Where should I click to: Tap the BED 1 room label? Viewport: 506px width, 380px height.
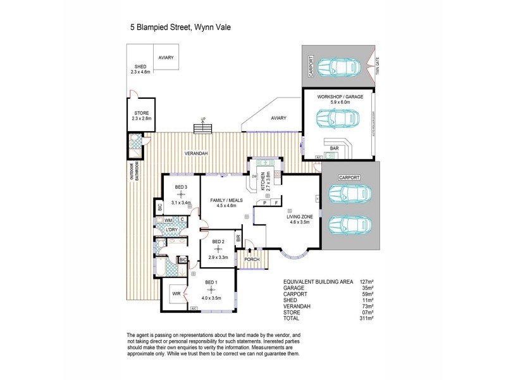(x=211, y=282)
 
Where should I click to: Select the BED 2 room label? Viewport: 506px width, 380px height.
(x=219, y=242)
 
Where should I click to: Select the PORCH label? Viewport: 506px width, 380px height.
(x=252, y=259)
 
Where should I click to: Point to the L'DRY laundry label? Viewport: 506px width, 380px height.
(x=171, y=229)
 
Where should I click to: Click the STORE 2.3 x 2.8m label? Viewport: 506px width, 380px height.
(x=141, y=115)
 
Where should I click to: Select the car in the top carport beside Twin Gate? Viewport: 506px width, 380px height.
(x=339, y=66)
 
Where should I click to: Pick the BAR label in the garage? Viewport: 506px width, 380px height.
(x=335, y=148)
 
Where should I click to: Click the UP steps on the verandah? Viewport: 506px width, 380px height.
(x=203, y=128)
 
